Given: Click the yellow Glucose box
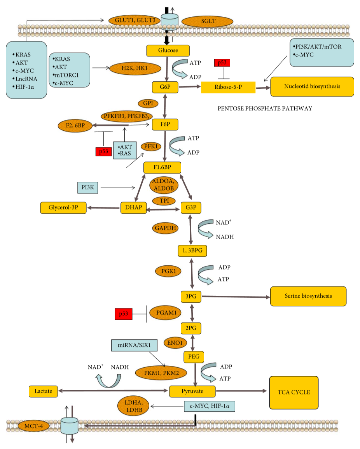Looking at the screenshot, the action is coord(168,51).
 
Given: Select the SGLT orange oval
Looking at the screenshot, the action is coord(208,21).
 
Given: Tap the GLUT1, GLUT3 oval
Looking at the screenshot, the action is coord(135,20).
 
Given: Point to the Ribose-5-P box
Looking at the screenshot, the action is coord(228,87).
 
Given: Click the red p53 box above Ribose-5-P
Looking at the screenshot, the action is coord(222,63).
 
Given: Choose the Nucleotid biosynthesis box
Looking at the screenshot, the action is coord(312,86).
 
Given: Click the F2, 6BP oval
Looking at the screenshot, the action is coord(75,126).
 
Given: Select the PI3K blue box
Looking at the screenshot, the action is coord(87,188).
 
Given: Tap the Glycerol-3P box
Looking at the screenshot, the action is coord(63,208).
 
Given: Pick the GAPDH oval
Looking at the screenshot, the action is coord(165,228).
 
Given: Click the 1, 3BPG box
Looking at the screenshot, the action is coord(192,251).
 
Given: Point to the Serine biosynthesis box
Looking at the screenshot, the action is coord(308,296).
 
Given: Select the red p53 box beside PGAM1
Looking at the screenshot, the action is coord(124,314).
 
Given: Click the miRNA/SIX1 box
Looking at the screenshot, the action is coord(134,346).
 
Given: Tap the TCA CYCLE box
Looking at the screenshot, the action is coord(294,393).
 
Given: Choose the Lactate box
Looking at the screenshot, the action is coord(43,391).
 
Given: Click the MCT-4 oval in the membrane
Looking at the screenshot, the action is coord(34,426).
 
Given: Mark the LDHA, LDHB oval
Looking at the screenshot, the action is coord(133,406).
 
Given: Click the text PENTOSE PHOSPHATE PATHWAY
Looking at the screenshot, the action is coord(265,109).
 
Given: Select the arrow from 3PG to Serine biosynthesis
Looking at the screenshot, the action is coord(236,296).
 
